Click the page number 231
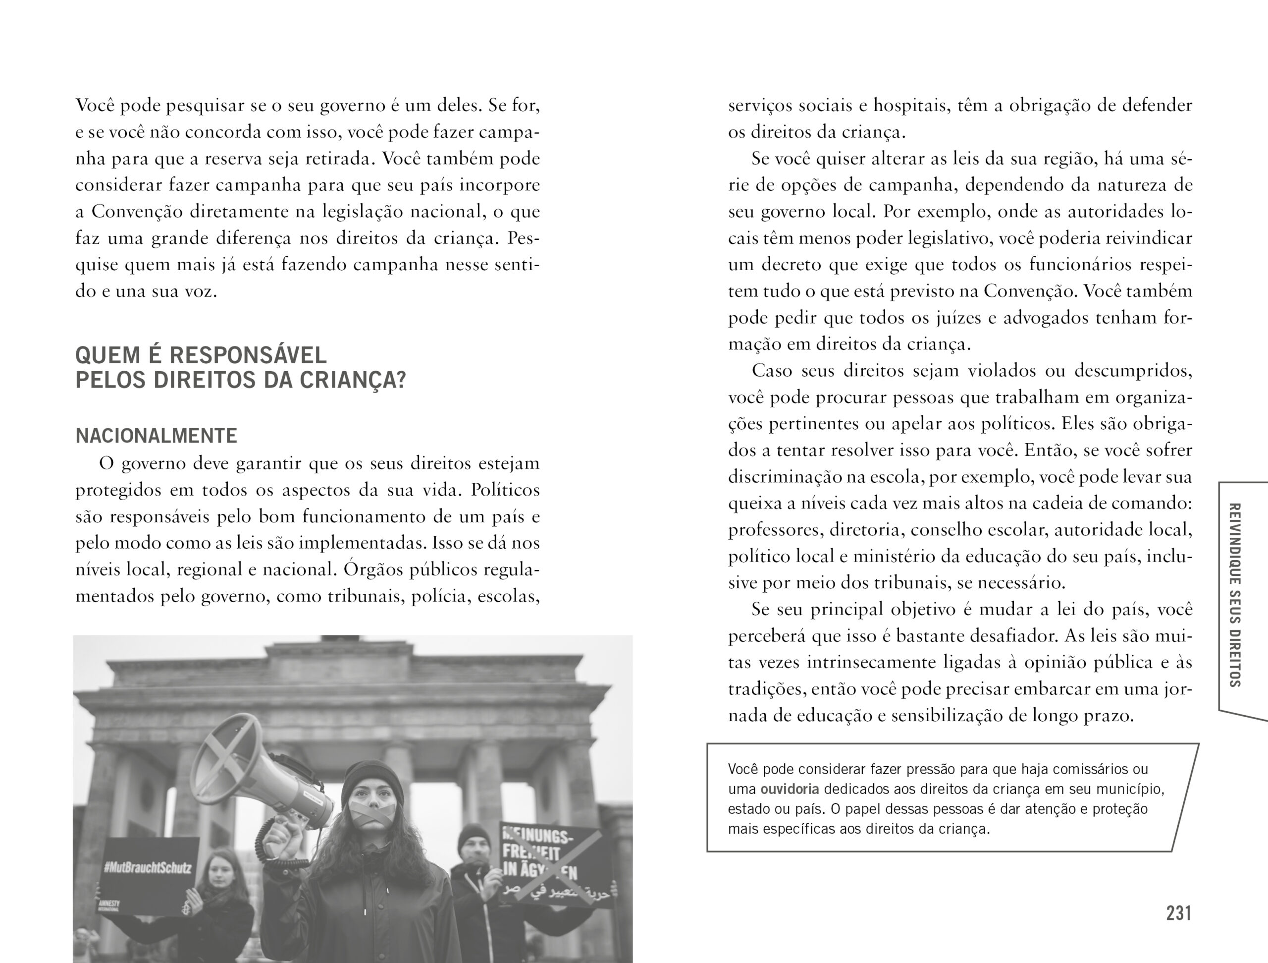1178,912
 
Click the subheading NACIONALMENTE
156,436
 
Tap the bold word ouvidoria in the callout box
790,789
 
